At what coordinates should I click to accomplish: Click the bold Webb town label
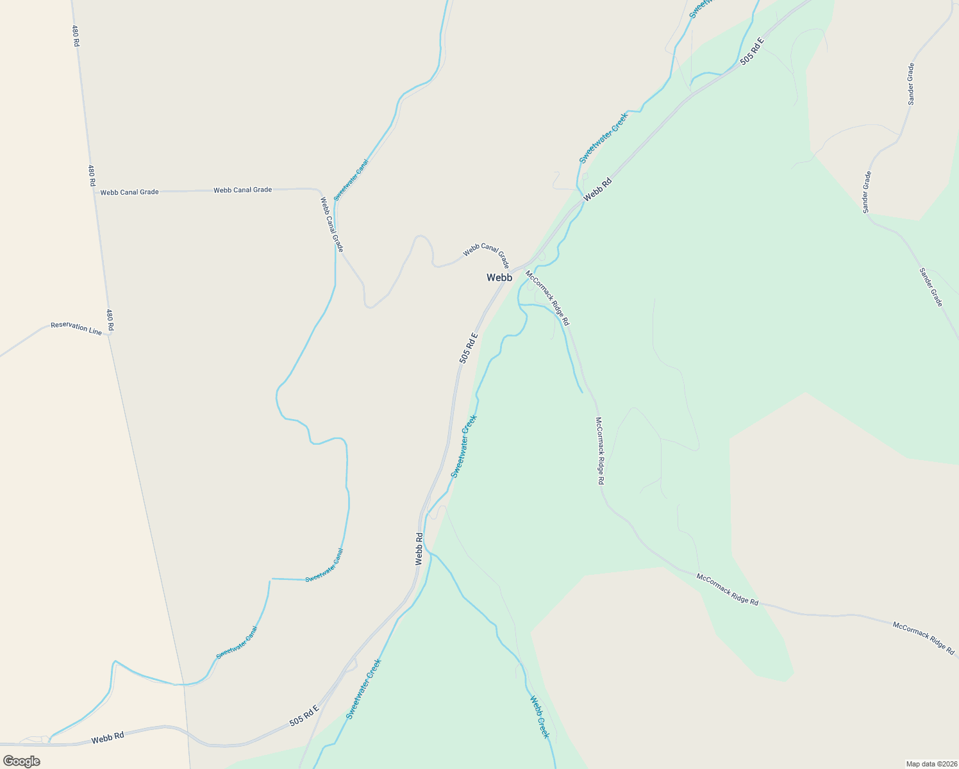499,277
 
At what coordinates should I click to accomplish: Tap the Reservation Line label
76,328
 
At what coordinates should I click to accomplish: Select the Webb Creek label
539,716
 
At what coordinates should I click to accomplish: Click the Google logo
21,761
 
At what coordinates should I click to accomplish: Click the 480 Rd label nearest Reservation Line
110,320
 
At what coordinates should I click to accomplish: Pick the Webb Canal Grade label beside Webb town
486,254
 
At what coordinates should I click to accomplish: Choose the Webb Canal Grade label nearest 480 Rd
129,192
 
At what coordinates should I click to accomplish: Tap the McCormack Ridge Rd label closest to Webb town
547,298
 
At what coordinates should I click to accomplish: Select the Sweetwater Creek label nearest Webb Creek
363,689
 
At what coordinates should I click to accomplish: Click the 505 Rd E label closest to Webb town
469,348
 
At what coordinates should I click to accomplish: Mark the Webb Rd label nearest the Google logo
107,738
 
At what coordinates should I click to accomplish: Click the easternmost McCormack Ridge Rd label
923,637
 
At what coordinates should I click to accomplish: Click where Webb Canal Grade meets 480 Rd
95,192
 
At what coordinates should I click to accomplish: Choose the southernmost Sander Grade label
931,286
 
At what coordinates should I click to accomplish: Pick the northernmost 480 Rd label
76,36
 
